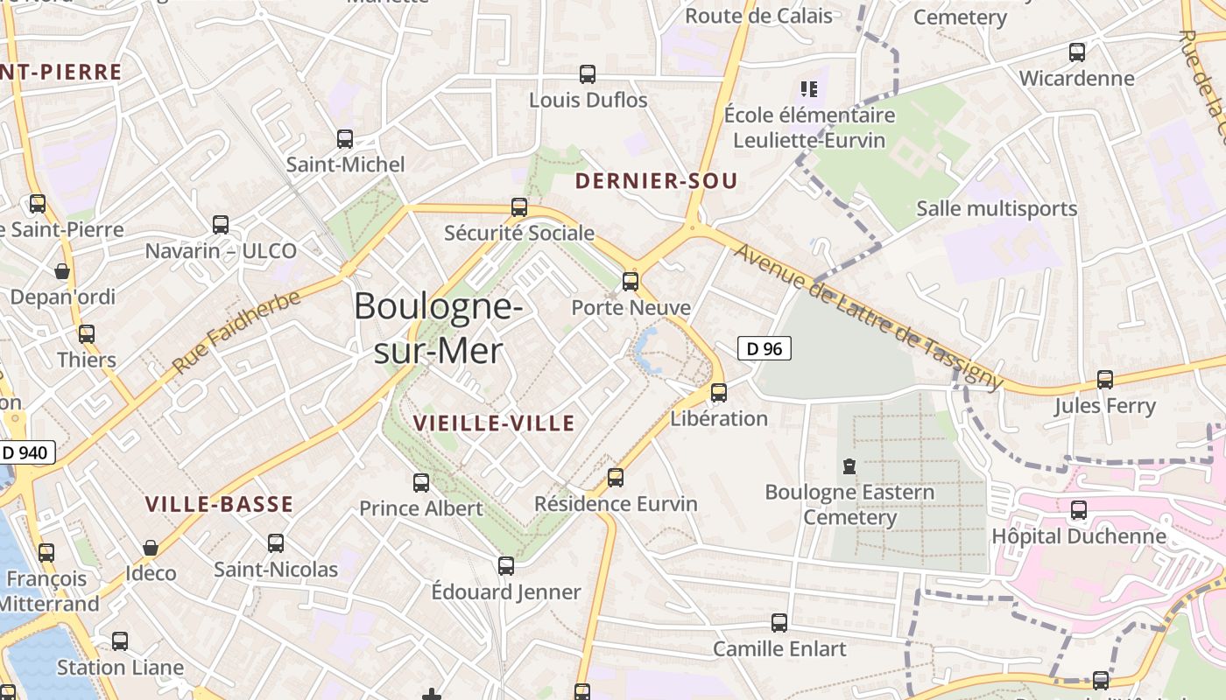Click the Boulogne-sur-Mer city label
tap(438, 328)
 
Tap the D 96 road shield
tap(764, 348)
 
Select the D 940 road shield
tap(27, 452)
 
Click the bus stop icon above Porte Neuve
tap(631, 281)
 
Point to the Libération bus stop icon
tap(719, 392)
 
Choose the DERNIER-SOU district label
tap(656, 182)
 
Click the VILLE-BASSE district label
tap(219, 504)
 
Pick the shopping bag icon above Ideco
tap(151, 548)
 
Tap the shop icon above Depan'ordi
tap(62, 271)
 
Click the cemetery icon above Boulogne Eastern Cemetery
tap(849, 465)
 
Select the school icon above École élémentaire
tap(809, 88)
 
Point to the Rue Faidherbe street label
tap(236, 332)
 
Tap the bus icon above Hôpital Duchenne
tap(1079, 509)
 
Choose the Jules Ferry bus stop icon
tap(1105, 380)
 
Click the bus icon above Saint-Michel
tap(345, 138)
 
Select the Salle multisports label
tap(997, 208)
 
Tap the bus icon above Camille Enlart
tap(779, 622)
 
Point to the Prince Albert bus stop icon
tap(421, 482)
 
